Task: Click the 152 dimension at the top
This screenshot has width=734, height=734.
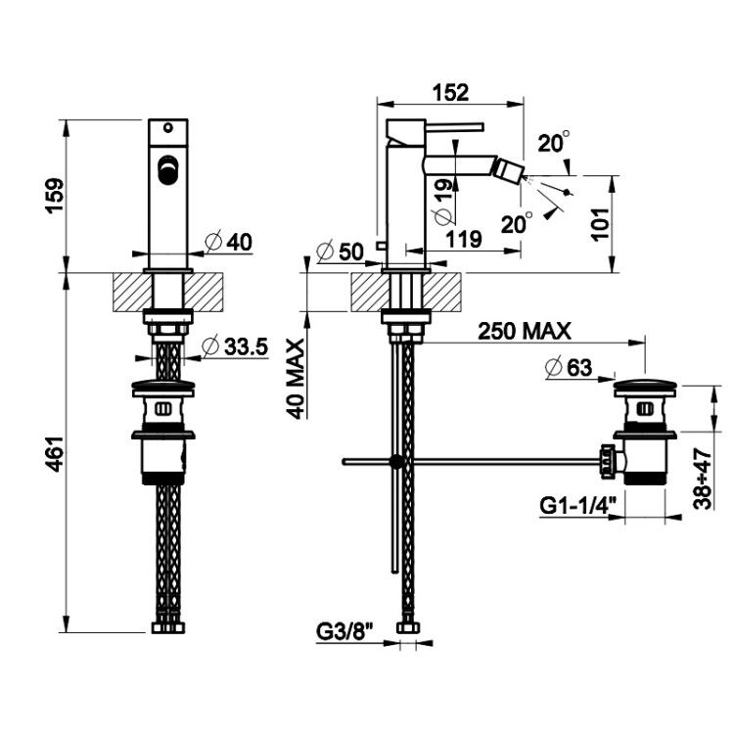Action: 450,92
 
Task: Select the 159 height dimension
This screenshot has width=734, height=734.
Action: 54,195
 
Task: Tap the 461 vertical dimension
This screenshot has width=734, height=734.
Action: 54,453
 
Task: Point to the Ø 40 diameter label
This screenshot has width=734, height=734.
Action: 229,242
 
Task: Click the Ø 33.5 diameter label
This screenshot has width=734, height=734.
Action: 235,346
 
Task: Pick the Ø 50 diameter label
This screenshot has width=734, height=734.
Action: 340,252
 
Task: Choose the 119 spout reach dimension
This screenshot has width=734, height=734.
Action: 464,239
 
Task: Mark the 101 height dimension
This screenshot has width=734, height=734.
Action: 601,224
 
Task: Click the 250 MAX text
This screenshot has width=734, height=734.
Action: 525,332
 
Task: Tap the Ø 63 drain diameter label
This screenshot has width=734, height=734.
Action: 569,367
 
